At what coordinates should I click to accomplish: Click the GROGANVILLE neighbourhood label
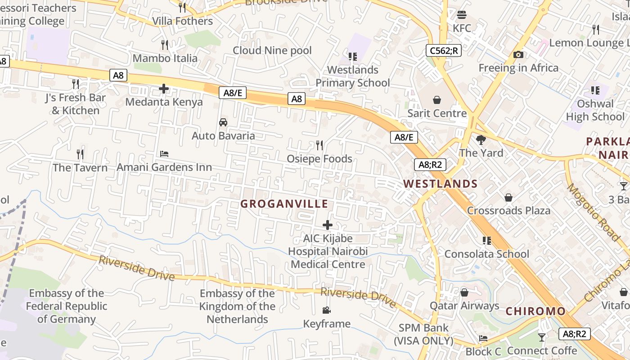point(284,204)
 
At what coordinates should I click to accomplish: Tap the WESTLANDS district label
point(440,184)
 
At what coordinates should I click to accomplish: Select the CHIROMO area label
point(535,311)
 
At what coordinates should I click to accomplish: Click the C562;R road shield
point(444,50)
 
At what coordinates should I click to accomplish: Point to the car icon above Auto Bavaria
point(223,122)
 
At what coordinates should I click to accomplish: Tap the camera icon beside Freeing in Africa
point(518,54)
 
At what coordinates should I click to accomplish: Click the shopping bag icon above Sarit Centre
point(436,99)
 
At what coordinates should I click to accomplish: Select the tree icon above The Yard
point(481,140)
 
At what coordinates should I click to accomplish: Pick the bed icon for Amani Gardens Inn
point(164,154)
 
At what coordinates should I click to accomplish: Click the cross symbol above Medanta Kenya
point(164,89)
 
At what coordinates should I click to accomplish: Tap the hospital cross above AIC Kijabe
point(328,225)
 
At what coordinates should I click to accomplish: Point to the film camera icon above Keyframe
point(327,310)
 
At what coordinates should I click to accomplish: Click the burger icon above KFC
point(462,15)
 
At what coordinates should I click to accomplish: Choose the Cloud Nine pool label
point(272,50)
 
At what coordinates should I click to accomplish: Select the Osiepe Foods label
point(319,159)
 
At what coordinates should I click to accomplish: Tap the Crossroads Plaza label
point(508,211)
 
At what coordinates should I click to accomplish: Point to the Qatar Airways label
point(464,306)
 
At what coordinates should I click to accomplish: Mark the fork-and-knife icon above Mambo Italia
point(165,45)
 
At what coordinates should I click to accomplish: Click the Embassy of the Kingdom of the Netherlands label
point(237,306)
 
